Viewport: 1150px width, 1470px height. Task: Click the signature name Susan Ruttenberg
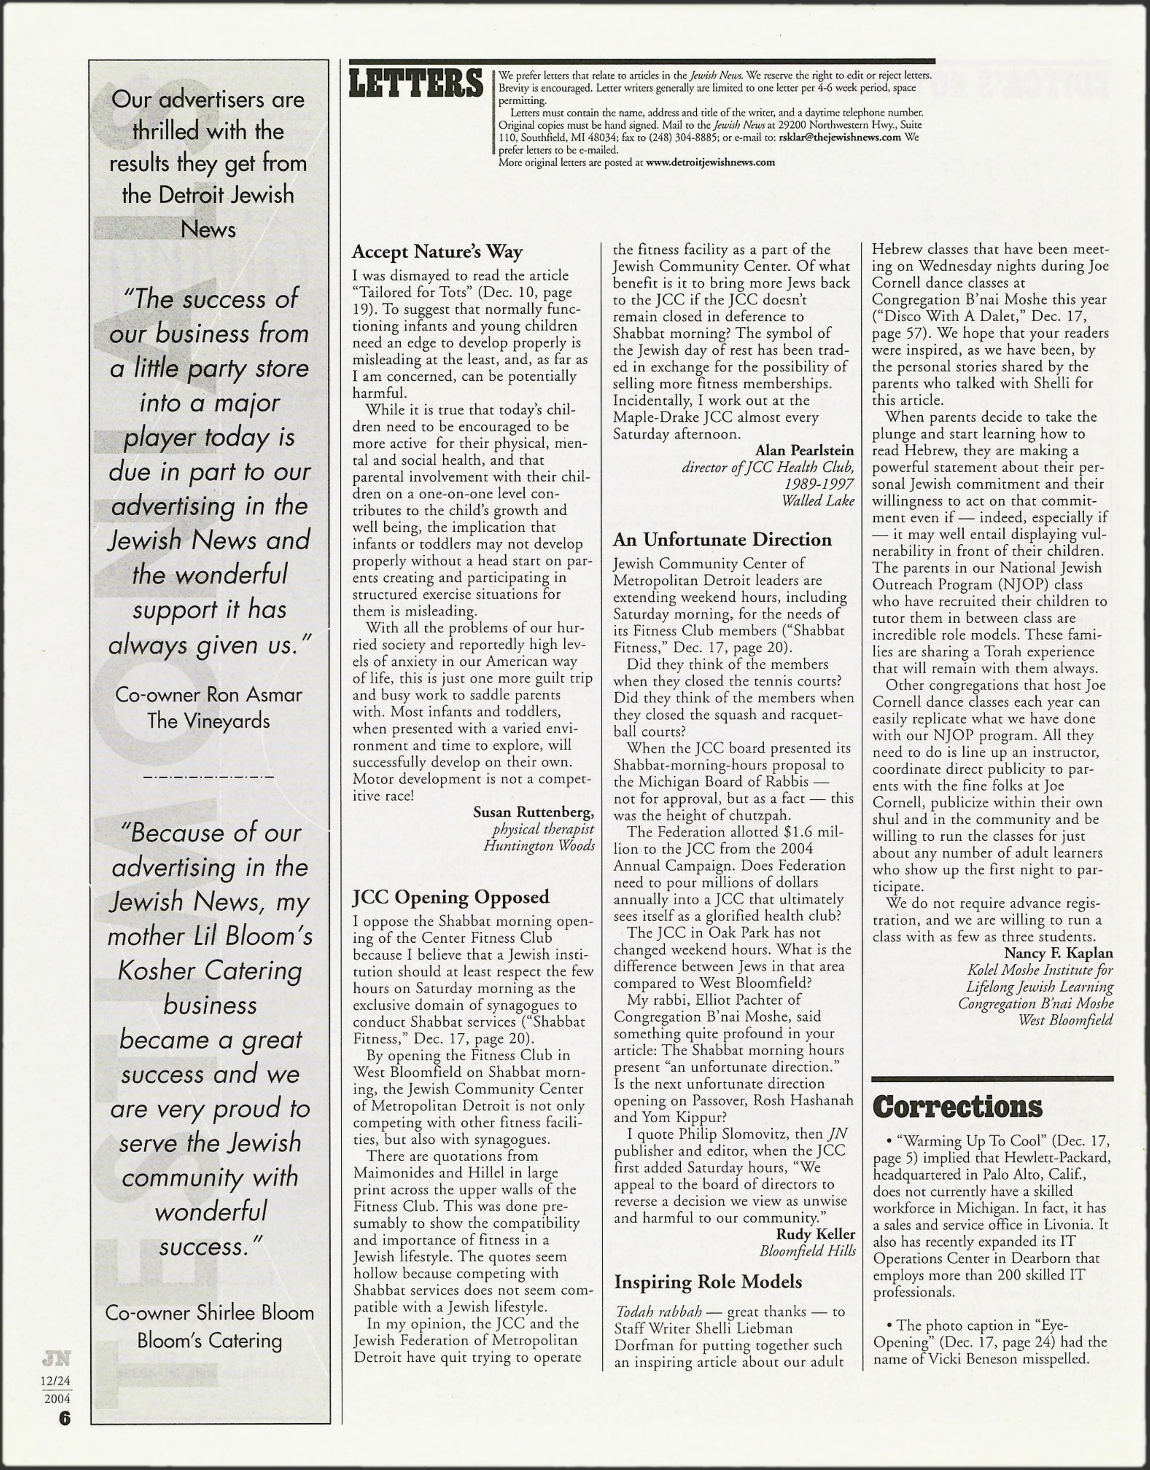(x=533, y=812)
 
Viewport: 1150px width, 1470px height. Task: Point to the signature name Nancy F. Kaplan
(x=1058, y=953)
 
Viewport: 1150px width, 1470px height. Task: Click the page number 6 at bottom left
(x=64, y=1418)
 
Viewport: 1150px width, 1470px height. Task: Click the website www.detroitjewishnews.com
(x=710, y=162)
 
